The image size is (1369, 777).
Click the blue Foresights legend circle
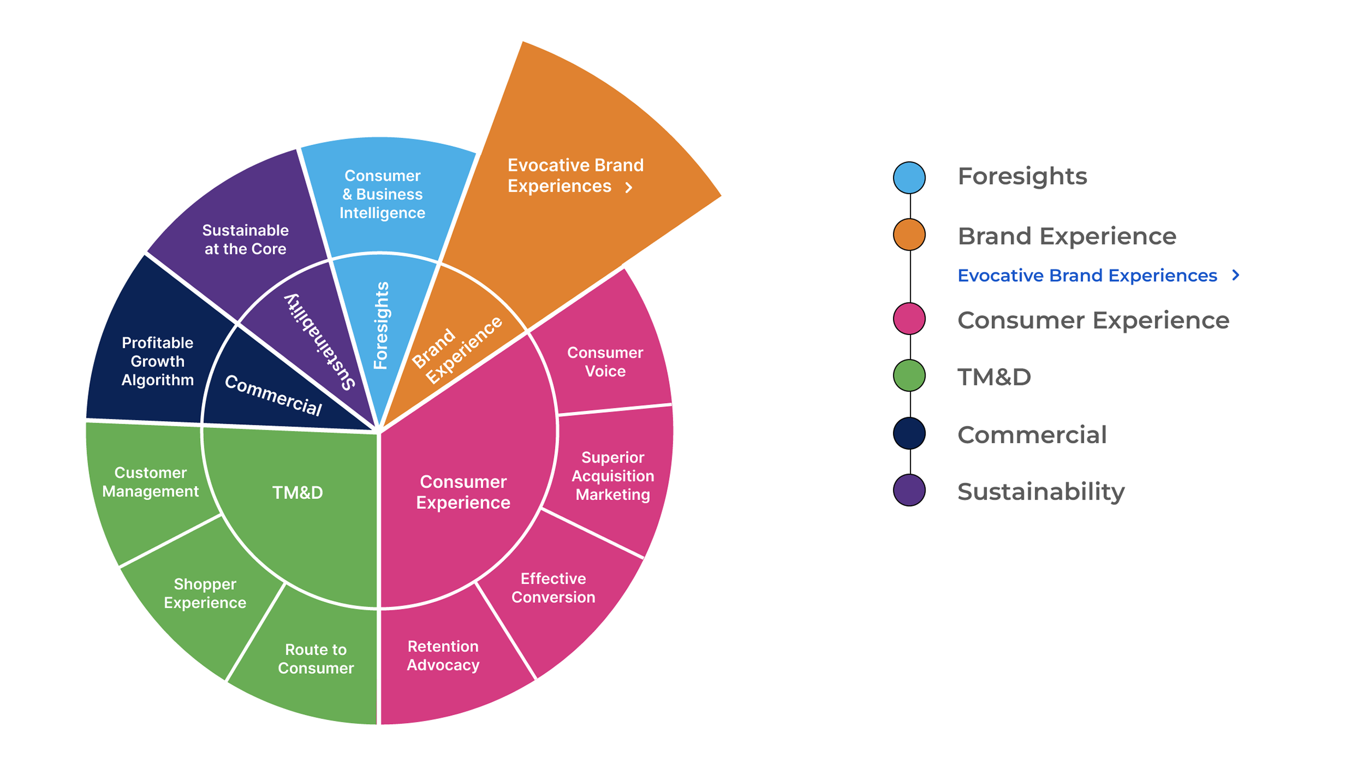tap(909, 177)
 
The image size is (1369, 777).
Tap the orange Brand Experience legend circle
tap(909, 234)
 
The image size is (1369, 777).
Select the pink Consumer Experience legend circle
tap(909, 318)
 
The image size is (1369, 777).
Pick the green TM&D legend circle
tap(909, 376)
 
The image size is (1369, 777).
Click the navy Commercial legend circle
tap(909, 433)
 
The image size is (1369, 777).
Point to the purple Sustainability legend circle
tap(909, 490)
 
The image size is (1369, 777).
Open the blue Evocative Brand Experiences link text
tap(1087, 275)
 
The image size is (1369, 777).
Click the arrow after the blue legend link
tap(1236, 275)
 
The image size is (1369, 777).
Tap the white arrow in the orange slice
tap(628, 187)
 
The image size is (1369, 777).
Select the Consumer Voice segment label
tap(605, 362)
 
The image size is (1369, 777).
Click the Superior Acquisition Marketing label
tap(612, 476)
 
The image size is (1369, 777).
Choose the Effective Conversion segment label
tap(553, 588)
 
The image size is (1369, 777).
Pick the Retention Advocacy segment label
tap(443, 655)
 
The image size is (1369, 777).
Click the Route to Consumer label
tap(315, 659)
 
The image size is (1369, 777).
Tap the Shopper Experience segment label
tap(205, 593)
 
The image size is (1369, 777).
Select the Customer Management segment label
tap(150, 481)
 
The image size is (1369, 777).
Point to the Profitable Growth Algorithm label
tap(158, 361)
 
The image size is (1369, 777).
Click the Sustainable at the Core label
tap(245, 239)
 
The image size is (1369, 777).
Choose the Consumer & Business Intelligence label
tap(382, 193)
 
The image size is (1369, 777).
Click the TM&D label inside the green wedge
tap(297, 492)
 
